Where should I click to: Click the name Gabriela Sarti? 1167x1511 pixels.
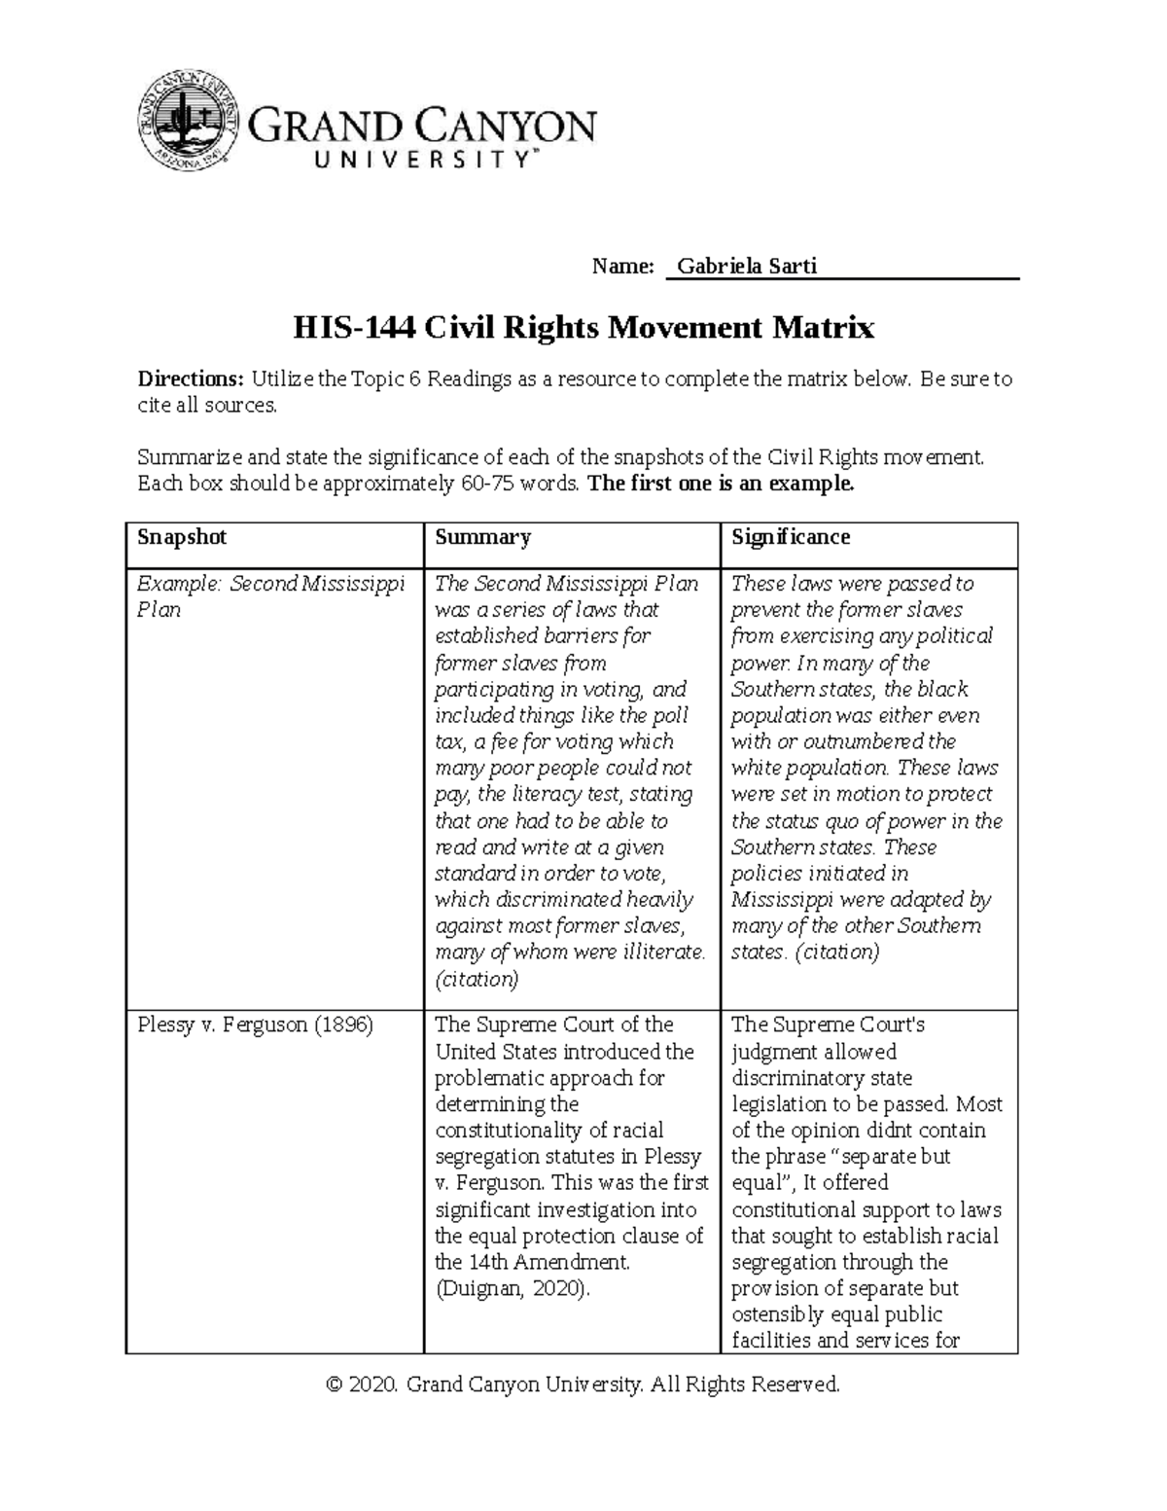[746, 266]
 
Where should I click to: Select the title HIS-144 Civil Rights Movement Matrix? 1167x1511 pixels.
[583, 328]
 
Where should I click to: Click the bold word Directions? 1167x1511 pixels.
[191, 379]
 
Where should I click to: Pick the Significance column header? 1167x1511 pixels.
[791, 537]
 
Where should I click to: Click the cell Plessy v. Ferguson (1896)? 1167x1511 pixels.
[255, 1025]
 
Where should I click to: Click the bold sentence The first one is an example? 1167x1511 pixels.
[722, 485]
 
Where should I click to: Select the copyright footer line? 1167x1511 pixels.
[583, 1384]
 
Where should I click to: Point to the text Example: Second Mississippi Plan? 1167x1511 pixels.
[270, 595]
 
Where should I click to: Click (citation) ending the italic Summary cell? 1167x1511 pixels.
[477, 979]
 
